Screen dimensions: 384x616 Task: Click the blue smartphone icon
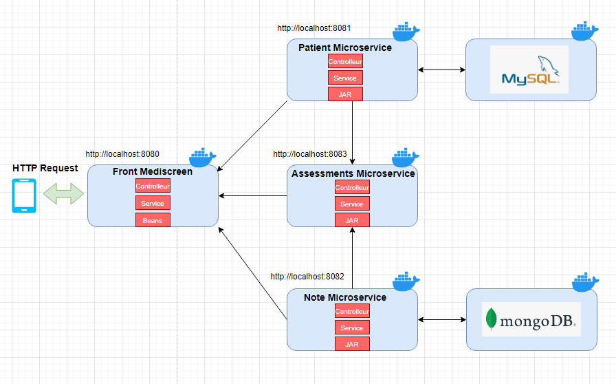(25, 195)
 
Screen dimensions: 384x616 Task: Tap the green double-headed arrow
(63, 195)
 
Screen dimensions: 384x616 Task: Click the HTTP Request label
(45, 168)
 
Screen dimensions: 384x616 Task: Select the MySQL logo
(529, 70)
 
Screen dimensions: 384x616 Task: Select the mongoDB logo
(530, 319)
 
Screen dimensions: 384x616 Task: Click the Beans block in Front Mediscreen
(153, 220)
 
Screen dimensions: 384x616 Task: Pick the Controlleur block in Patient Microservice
(345, 62)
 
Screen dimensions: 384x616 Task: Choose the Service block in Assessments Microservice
(352, 204)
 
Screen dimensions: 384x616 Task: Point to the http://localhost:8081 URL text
(314, 28)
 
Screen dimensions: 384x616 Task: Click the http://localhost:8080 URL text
(122, 154)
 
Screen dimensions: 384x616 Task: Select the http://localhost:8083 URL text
(310, 154)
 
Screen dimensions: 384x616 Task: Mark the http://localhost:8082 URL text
(307, 277)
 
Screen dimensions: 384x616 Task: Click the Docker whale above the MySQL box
(585, 31)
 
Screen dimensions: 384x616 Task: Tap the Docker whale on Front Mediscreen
(203, 158)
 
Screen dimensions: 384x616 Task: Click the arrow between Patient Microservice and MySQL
(441, 70)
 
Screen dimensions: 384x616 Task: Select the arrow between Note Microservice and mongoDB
(441, 319)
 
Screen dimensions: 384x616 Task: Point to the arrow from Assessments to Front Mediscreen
(253, 196)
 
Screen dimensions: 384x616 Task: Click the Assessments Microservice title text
(353, 173)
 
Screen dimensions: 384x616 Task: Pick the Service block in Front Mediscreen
(153, 203)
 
